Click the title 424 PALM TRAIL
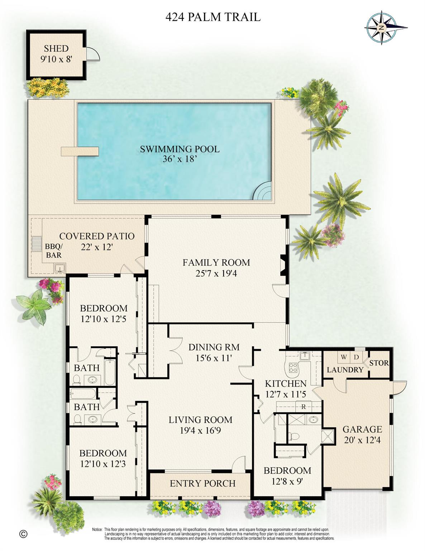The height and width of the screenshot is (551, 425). (x=213, y=17)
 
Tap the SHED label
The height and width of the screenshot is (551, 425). (x=56, y=48)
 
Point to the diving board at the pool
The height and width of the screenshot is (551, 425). (x=80, y=151)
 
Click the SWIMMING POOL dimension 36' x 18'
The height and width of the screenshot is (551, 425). (x=180, y=159)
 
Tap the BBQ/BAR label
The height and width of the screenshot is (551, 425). (x=54, y=251)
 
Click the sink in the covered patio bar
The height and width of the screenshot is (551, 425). (x=59, y=268)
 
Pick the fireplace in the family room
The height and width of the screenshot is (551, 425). (x=283, y=265)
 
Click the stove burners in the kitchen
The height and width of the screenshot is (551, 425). (x=293, y=367)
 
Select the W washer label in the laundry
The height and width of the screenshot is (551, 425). (x=344, y=357)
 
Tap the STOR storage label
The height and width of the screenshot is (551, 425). (x=379, y=363)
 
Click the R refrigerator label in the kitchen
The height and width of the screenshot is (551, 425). (x=304, y=407)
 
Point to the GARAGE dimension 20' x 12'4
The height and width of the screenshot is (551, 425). (x=362, y=439)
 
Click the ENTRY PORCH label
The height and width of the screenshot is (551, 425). (x=202, y=483)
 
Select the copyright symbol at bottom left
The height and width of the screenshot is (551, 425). (x=23, y=534)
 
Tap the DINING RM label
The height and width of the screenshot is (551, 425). (x=214, y=347)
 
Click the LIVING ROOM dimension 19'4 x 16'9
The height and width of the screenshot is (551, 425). (x=200, y=430)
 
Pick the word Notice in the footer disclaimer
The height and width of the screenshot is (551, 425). (x=97, y=529)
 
